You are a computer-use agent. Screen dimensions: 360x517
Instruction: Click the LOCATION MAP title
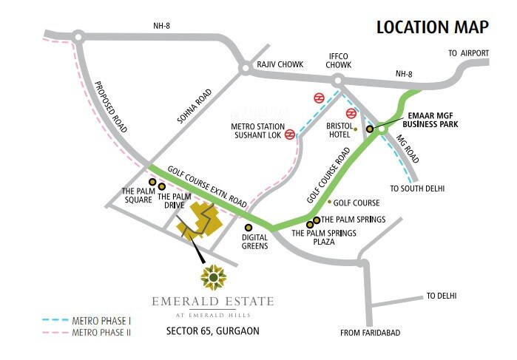(x=432, y=27)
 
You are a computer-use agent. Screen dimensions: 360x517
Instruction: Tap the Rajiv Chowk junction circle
(x=244, y=69)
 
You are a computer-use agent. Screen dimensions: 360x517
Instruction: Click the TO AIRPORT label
(x=469, y=53)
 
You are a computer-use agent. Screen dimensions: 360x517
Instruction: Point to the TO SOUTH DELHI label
(x=417, y=189)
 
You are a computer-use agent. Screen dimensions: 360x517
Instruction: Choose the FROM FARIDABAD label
(x=370, y=333)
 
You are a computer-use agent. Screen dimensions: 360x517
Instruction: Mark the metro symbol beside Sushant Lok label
(x=290, y=135)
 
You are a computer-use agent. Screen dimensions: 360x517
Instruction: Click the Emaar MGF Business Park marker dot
(x=370, y=129)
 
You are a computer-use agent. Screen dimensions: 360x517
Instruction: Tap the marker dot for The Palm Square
(x=152, y=181)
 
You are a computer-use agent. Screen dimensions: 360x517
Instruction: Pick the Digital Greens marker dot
(x=249, y=228)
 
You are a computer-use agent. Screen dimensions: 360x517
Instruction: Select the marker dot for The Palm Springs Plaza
(x=309, y=224)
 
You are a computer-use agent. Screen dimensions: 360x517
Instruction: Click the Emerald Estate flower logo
(x=213, y=278)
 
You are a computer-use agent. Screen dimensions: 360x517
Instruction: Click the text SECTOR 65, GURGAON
(x=213, y=330)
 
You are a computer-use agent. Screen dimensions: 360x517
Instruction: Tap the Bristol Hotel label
(x=340, y=130)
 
